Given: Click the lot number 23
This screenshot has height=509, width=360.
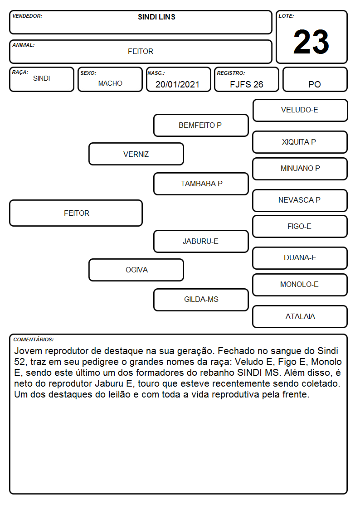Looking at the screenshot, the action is tap(311, 42).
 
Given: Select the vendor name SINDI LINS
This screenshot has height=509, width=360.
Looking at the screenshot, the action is tap(156, 17).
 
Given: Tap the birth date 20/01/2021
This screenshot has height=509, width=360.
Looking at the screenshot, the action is tap(177, 84).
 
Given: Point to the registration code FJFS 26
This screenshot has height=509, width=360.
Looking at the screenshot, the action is tap(246, 84).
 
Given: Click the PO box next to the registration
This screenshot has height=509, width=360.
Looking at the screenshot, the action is tap(315, 79).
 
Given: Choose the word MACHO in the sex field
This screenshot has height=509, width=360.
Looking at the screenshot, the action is tap(110, 83).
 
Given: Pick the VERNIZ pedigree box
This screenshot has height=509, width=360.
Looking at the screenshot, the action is tap(136, 154).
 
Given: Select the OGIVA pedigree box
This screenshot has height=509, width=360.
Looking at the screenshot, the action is tap(136, 270).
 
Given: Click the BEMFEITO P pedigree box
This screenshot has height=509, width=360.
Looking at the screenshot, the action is tap(201, 125).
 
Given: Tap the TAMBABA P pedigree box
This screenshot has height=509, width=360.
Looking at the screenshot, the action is tap(201, 184).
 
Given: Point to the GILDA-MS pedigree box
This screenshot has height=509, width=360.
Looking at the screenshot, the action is tap(201, 300).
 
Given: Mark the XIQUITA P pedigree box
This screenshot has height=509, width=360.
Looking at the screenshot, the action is tap(300, 142).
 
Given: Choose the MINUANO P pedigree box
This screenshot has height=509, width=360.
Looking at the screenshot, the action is tap(300, 169).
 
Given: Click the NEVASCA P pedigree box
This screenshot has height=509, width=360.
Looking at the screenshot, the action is tap(300, 200).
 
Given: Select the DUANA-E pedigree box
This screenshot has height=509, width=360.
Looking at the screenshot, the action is tap(300, 258).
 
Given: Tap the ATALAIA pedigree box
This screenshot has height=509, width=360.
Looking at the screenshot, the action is tap(300, 316).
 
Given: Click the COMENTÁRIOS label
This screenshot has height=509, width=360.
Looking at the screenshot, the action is tap(34, 339).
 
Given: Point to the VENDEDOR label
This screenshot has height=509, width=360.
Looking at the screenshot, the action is tap(27, 16).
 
